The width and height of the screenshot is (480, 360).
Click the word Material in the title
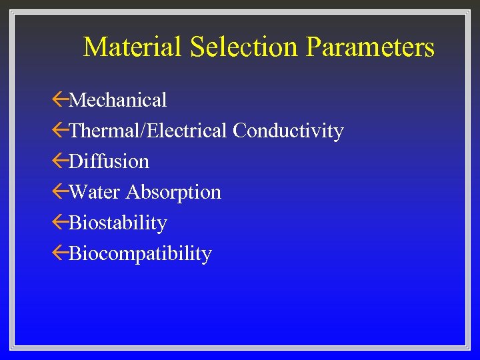133,47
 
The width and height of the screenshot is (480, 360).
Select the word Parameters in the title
370,47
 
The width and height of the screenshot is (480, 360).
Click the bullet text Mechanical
118,100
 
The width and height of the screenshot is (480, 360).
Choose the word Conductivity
288,131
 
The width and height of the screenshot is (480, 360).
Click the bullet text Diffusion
109,161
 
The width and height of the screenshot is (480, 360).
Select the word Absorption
173,193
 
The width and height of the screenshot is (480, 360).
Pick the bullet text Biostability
118,223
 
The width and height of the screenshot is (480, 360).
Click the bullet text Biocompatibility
140,253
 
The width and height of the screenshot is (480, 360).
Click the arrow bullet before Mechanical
60,100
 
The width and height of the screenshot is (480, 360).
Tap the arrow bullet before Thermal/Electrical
60,131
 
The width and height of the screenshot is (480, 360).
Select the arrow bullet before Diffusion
60,161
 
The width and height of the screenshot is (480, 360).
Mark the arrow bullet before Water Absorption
60,192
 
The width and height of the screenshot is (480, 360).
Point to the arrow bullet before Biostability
60,223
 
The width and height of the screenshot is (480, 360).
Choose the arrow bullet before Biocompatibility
60,253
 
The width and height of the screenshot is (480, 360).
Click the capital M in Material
95,47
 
